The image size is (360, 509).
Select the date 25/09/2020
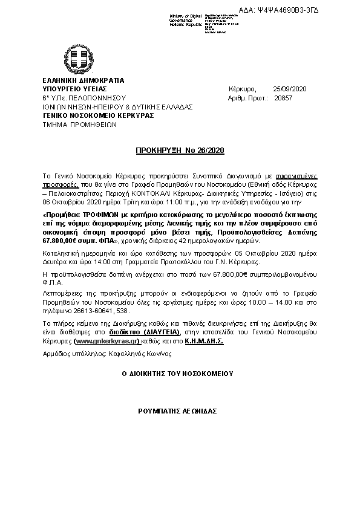(x=290, y=89)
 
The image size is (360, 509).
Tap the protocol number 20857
(x=283, y=98)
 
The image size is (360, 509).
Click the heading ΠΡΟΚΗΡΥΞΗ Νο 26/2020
(x=180, y=149)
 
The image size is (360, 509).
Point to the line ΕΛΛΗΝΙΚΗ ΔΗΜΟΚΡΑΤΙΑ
(x=83, y=80)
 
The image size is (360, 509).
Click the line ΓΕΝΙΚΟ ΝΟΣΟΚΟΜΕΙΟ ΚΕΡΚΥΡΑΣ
(x=98, y=115)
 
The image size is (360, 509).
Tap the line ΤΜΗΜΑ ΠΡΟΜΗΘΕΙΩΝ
(x=79, y=124)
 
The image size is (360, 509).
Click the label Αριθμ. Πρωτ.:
(x=248, y=98)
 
